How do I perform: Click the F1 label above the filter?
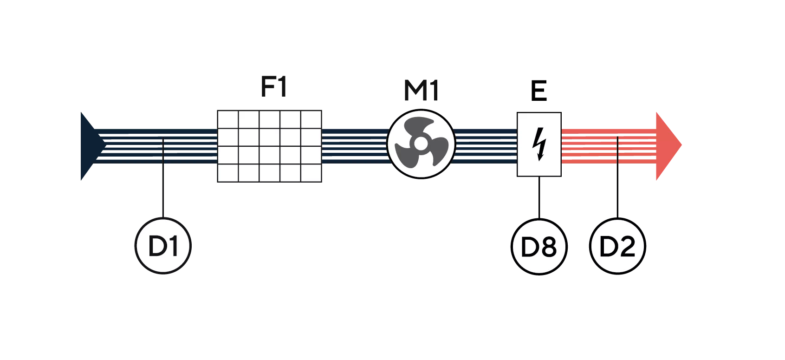[x=274, y=86]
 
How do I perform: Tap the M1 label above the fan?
[x=421, y=91]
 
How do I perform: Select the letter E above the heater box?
[x=539, y=91]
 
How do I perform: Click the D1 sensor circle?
[x=163, y=246]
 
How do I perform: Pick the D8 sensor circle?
[x=539, y=247]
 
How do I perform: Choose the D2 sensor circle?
[x=617, y=246]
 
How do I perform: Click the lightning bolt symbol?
[x=539, y=144]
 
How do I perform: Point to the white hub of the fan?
[x=421, y=143]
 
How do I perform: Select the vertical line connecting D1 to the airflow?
[x=163, y=178]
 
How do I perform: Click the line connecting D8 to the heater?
[x=539, y=198]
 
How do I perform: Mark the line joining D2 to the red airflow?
[x=617, y=177]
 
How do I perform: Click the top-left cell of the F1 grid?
[x=228, y=119]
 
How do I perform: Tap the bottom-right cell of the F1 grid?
[x=311, y=173]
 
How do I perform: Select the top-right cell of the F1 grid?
[x=311, y=119]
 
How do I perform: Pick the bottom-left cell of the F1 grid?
[x=228, y=173]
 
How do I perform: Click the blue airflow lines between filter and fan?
[x=355, y=146]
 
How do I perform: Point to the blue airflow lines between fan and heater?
[x=486, y=146]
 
